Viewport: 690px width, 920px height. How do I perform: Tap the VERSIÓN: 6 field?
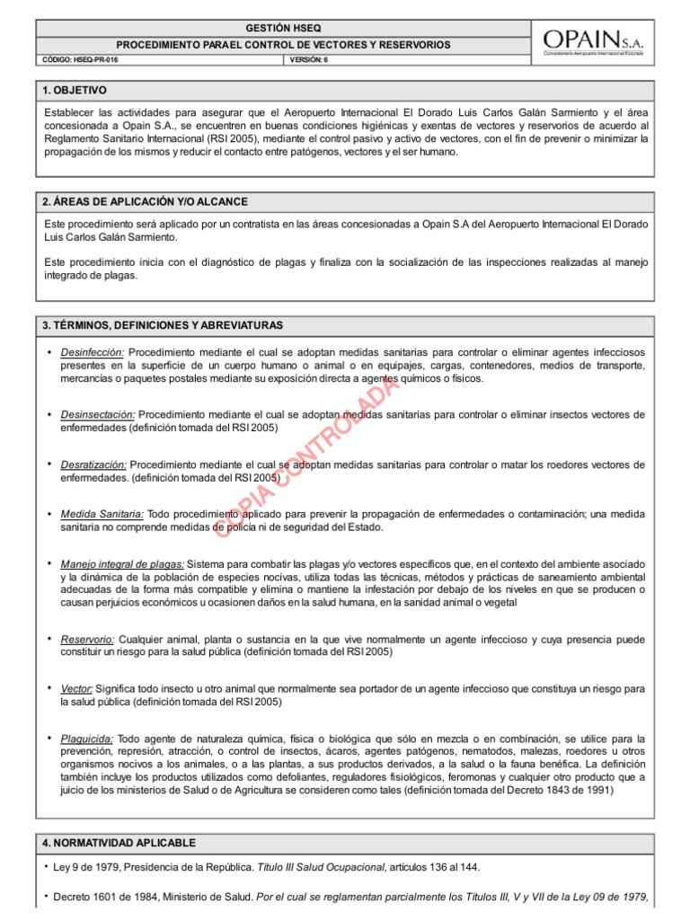click(311, 59)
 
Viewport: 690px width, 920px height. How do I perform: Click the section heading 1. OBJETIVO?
click(75, 91)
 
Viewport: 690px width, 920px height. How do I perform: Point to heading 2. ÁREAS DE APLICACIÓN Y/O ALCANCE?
click(145, 201)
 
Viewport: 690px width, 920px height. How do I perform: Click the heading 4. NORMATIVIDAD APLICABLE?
click(119, 843)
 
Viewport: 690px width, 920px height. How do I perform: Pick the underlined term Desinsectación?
click(98, 415)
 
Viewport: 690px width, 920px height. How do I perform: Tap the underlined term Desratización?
click(93, 465)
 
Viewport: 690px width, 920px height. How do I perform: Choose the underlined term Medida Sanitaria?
click(102, 514)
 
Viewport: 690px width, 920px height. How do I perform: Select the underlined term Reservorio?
click(87, 640)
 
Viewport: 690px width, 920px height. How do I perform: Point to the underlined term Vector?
click(76, 688)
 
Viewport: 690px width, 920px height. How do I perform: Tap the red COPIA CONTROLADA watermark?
click(305, 458)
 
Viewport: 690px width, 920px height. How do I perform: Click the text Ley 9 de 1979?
click(89, 867)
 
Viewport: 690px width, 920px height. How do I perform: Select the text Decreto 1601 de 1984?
click(108, 898)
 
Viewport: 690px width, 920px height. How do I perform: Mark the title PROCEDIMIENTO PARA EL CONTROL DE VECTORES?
click(283, 44)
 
